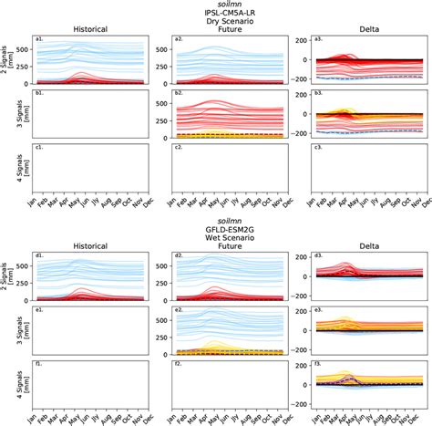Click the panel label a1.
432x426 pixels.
point(38,39)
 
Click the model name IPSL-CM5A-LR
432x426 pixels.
point(216,15)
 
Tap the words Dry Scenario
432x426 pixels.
point(216,25)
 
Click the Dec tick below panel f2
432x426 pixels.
point(286,419)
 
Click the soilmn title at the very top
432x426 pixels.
point(216,5)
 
